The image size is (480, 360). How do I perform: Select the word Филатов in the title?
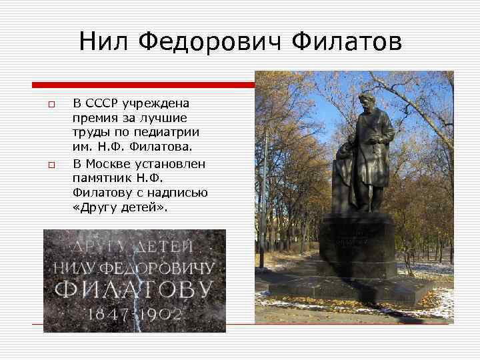(346, 42)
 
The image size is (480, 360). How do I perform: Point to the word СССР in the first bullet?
(106, 103)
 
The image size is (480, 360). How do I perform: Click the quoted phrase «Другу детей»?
(120, 207)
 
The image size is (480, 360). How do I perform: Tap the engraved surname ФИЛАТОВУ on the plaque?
(133, 291)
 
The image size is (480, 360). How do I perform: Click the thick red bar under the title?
(144, 85)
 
